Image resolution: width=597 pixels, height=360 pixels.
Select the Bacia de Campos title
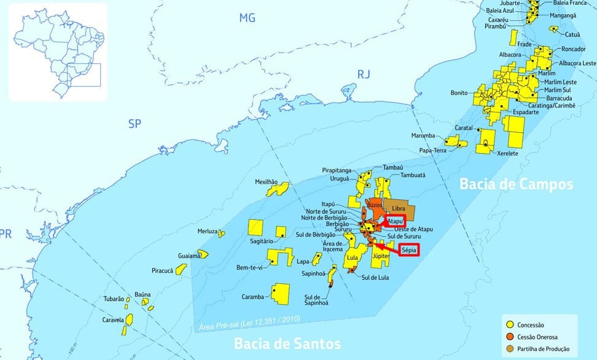pos(517,184)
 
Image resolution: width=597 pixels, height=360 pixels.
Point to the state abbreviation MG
pos(247,18)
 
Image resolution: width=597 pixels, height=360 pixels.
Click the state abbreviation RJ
pos(364,74)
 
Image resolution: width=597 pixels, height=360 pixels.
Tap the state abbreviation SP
pos(135,124)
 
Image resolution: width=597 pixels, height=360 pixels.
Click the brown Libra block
pos(399,207)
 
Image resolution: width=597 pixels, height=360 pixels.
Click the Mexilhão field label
pos(267,182)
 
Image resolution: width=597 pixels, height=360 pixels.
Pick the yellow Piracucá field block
pos(181,269)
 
